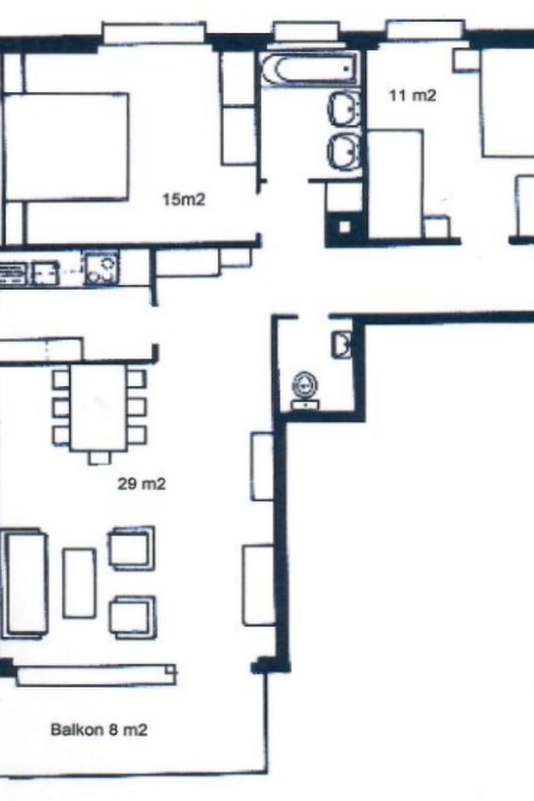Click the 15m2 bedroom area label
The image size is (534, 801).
tap(184, 199)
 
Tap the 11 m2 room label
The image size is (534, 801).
tap(412, 95)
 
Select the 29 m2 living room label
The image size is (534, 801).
tap(141, 484)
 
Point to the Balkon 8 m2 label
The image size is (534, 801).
tap(99, 730)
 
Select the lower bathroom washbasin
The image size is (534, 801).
tap(344, 152)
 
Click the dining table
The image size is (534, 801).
tap(98, 407)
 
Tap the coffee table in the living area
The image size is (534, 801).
tap(79, 582)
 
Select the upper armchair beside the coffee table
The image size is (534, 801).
tap(131, 548)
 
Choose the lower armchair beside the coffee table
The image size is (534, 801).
tap(132, 617)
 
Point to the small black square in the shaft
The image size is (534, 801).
tap(345, 227)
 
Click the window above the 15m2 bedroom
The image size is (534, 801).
tap(154, 32)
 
